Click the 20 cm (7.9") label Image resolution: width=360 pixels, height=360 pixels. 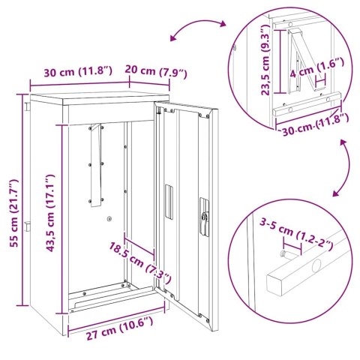[154, 73]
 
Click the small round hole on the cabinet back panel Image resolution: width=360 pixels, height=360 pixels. [110, 218]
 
